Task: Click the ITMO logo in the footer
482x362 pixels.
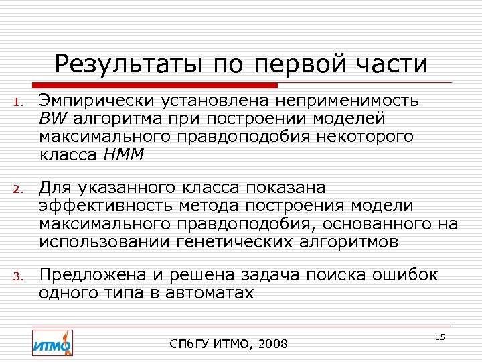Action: click(x=52, y=343)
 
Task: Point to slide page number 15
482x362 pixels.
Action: click(x=440, y=337)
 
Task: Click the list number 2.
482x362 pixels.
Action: click(x=20, y=190)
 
